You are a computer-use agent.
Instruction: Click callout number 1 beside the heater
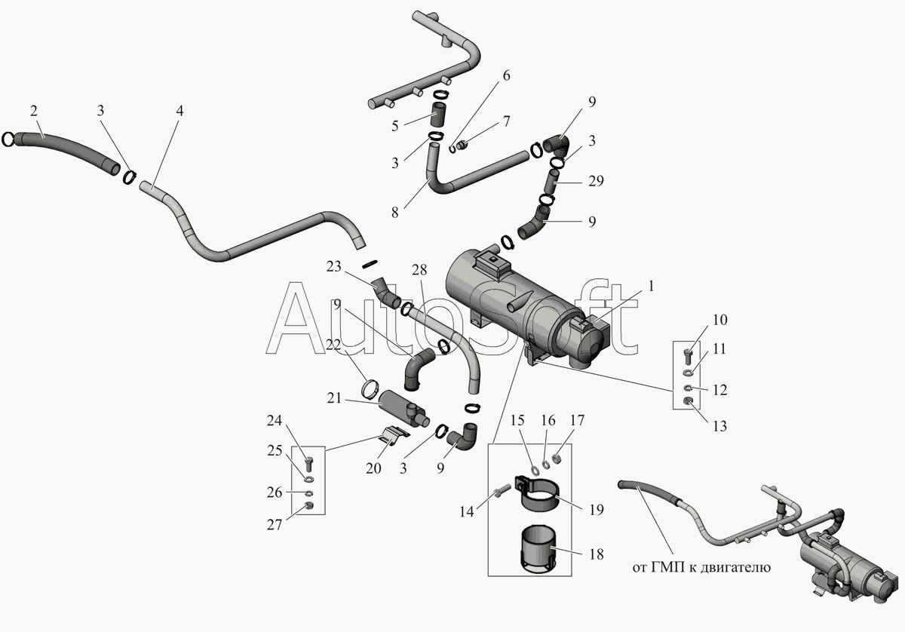(x=651, y=286)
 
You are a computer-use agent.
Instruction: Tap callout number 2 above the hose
(x=34, y=111)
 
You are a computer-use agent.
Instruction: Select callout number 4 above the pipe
(x=179, y=111)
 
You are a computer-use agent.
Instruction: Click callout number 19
(x=596, y=509)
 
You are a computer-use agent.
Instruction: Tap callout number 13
(x=719, y=426)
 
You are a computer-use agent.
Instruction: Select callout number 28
(x=419, y=270)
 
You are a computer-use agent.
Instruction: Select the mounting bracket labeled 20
(x=392, y=436)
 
